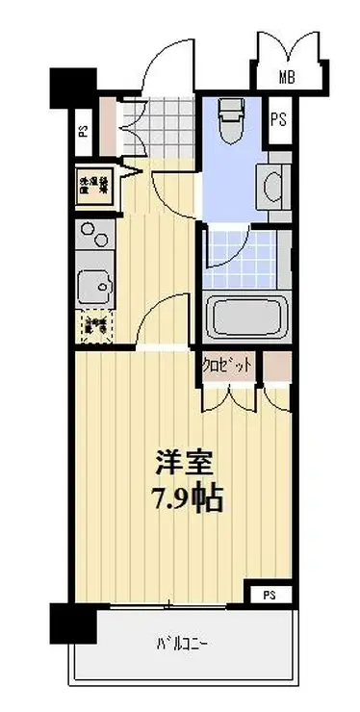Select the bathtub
(244, 317)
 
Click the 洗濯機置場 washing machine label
(94, 185)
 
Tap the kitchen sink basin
(93, 285)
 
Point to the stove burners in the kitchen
(93, 238)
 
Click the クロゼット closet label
(229, 367)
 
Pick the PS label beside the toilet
(278, 119)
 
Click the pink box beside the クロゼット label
(277, 367)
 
